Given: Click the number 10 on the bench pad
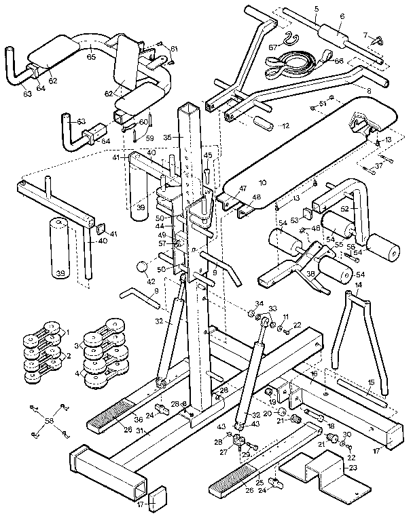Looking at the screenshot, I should click(262, 182).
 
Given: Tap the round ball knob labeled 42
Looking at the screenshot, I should click(142, 266).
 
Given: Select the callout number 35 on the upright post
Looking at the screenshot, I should click(168, 138).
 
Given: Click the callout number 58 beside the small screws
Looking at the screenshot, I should click(48, 421).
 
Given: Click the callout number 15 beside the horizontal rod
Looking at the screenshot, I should click(371, 383).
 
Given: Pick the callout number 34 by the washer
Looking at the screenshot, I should click(258, 302).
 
